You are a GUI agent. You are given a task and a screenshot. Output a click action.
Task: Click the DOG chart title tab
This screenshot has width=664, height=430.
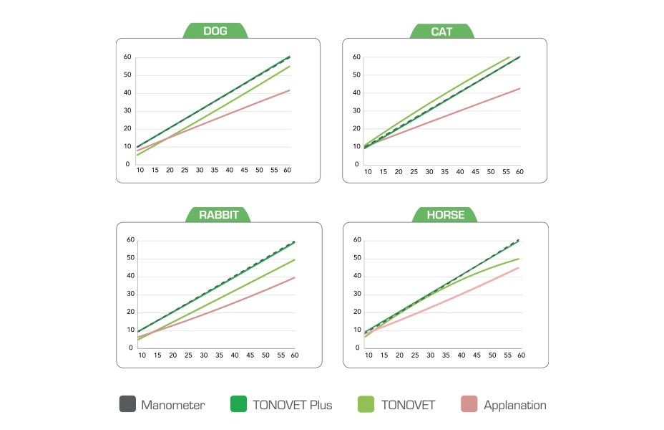pos(215,31)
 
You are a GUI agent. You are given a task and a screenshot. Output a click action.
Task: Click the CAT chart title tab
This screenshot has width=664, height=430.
pos(442,31)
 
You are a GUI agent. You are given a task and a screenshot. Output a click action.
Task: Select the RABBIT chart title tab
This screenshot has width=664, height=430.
pos(215,214)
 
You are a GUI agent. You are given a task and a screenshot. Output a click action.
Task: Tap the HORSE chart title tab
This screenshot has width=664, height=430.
pos(446,214)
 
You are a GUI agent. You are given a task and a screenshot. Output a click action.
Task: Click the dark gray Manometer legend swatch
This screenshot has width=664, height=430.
pos(127,405)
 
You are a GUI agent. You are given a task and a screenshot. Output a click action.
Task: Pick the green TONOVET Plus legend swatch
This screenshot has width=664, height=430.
pos(238,405)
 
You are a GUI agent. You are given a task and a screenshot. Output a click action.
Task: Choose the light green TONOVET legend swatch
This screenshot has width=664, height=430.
pos(366,405)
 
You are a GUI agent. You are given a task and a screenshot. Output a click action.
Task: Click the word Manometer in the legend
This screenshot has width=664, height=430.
pos(172,406)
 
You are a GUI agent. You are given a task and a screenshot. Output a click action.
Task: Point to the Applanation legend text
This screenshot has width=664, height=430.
pos(514,406)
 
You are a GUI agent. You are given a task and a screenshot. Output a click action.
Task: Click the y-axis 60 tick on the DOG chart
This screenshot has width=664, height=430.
pos(127,57)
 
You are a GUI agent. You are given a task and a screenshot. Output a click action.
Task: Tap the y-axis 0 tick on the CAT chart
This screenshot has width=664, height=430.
pos(356,164)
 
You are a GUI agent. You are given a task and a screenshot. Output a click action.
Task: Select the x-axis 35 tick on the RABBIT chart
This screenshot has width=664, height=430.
pos(220,355)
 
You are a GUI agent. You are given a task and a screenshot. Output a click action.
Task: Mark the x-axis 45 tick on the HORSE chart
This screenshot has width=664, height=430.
pos(475,355)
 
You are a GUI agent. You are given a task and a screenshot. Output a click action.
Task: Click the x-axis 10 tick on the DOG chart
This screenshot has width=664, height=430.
pos(140,171)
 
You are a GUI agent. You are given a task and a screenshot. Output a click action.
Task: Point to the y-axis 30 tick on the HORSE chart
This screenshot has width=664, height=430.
pos(356,294)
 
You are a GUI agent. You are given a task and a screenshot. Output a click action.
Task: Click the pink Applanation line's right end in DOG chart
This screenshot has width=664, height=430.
pos(290,90)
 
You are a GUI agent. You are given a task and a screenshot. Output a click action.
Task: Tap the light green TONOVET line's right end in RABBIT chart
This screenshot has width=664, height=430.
pos(295,259)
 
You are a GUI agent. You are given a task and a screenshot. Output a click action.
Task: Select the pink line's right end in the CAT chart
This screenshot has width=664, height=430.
pos(519,88)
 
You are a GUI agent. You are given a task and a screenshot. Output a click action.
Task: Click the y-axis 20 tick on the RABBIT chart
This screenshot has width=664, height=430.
pos(131,312)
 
